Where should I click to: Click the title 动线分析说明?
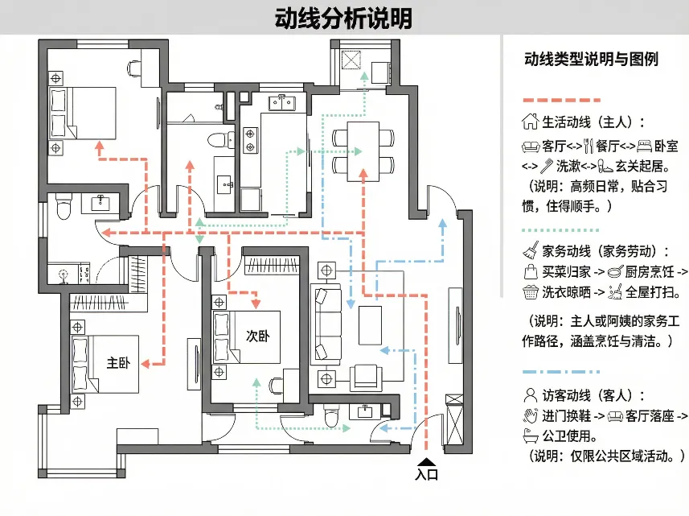(x=343, y=18)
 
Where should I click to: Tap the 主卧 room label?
(x=118, y=363)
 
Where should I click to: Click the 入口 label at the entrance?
(x=427, y=476)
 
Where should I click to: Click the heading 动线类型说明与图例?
(x=591, y=60)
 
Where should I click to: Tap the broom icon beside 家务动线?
(x=531, y=250)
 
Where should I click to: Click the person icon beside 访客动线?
(x=530, y=394)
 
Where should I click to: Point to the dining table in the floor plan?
(x=363, y=150)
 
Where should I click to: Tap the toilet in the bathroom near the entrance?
(x=330, y=417)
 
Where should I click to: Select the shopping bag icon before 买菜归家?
(x=531, y=271)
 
